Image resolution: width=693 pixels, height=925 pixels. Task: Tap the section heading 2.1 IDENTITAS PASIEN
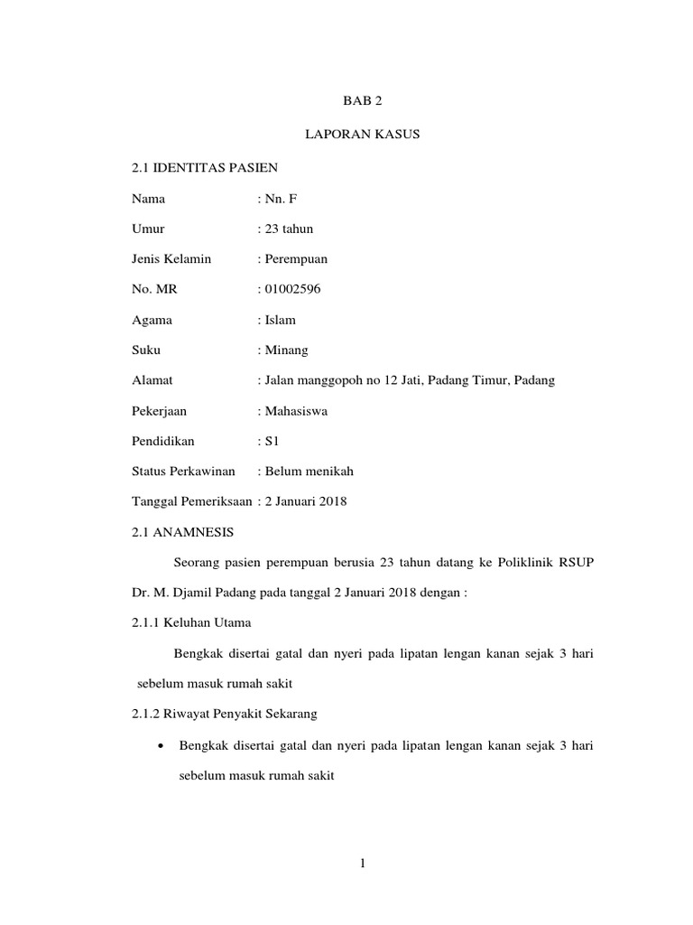[205, 166]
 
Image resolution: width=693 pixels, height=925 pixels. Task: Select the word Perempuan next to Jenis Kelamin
[296, 258]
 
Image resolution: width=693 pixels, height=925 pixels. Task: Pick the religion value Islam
[280, 320]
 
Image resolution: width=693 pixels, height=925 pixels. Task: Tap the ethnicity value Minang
[286, 350]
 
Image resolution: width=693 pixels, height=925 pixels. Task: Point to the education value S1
[273, 441]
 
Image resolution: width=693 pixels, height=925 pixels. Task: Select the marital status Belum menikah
[309, 472]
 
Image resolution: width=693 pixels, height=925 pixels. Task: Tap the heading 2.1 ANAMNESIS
[182, 532]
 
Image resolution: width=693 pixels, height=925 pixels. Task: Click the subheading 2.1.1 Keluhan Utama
[191, 622]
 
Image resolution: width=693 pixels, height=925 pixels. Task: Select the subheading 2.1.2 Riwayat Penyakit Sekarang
[224, 714]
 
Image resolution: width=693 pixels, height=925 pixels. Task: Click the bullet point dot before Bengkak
[161, 745]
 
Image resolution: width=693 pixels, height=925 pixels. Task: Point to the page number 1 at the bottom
[362, 864]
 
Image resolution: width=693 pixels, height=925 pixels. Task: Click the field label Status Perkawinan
[183, 472]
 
